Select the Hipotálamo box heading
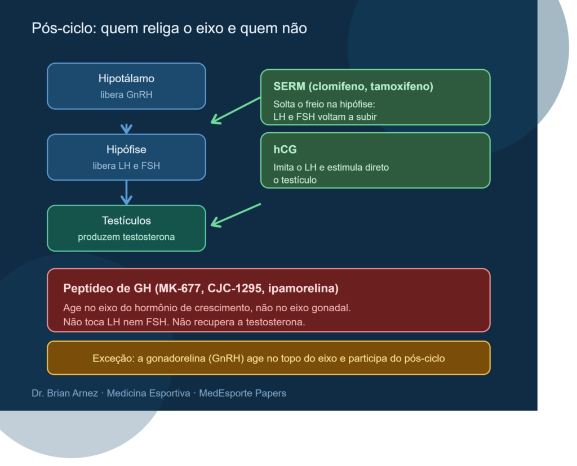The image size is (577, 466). (126, 79)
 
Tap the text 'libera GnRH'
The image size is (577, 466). (126, 95)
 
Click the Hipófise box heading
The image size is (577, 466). (126, 150)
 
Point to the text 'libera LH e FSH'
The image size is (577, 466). (126, 166)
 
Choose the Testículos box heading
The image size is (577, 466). (126, 221)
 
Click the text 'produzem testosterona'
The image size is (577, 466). (126, 237)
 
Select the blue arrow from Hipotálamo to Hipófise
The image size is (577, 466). (126, 128)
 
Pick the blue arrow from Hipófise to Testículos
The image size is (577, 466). (126, 192)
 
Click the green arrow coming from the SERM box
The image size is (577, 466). (236, 110)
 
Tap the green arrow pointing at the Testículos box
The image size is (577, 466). (236, 216)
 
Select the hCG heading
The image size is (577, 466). (285, 150)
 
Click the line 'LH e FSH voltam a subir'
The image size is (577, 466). (325, 117)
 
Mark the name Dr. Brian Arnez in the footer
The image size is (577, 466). (65, 393)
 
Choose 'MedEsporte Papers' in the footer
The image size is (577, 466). (242, 393)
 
